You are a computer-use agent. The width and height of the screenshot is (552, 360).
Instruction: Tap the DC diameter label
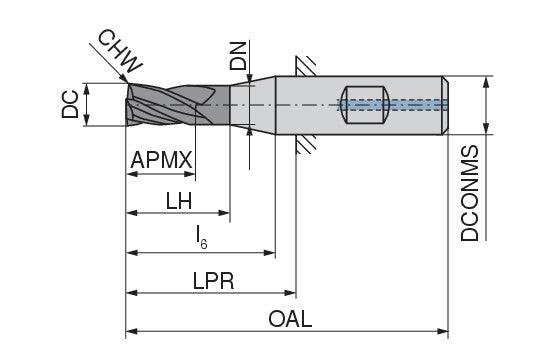pos(71,104)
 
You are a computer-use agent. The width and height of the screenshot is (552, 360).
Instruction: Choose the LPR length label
pos(212,281)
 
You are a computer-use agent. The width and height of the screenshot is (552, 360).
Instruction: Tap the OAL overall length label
pos(290,320)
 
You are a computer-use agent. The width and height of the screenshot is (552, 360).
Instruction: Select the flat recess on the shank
pos(364,104)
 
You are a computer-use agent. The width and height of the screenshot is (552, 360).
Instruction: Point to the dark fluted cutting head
pos(175,104)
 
